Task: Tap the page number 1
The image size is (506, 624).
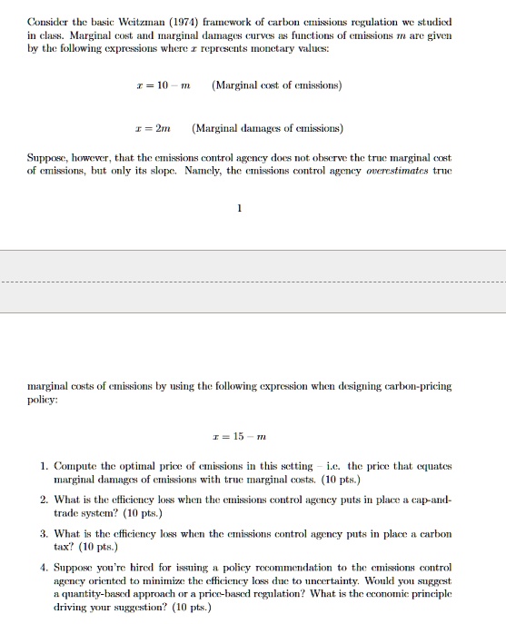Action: point(239,209)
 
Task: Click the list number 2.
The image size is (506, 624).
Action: point(45,500)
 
